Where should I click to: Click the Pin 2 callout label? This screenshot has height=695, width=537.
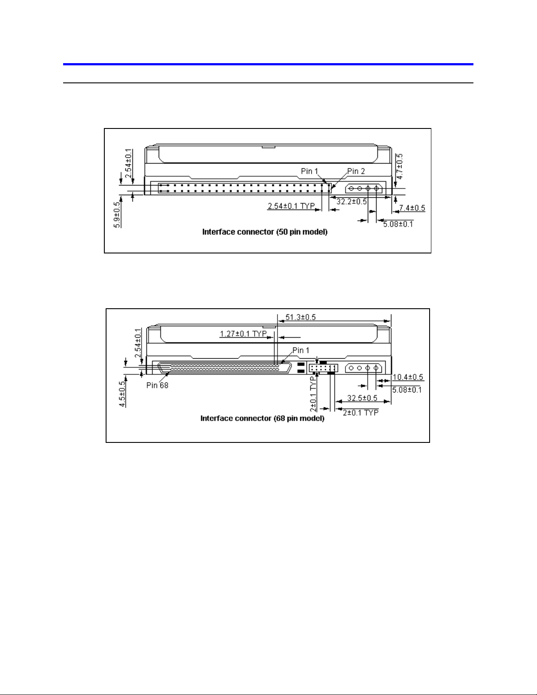click(x=356, y=171)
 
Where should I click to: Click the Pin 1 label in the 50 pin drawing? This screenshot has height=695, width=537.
click(x=309, y=171)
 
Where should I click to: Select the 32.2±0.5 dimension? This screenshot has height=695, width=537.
click(x=352, y=202)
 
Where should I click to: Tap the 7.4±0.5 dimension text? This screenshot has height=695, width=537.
click(x=412, y=208)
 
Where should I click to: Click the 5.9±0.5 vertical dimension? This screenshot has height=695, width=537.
click(x=117, y=215)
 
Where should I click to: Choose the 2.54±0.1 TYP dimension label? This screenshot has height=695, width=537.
click(x=291, y=206)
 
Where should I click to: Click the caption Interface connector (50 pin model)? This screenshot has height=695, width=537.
click(x=265, y=232)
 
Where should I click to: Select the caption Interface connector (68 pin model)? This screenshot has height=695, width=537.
click(x=263, y=418)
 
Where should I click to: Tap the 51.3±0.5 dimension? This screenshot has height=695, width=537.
click(x=300, y=317)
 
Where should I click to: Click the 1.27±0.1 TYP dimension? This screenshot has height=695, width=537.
click(x=243, y=335)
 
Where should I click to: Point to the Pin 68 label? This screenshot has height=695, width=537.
click(x=157, y=385)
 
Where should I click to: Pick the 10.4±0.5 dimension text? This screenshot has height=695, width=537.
click(x=408, y=377)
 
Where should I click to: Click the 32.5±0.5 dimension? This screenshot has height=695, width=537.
click(x=362, y=399)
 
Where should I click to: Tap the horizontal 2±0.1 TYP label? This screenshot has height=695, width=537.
click(x=360, y=413)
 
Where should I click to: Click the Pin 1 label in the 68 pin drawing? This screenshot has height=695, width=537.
click(x=301, y=351)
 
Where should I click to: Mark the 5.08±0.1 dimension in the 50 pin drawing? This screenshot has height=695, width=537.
click(x=398, y=225)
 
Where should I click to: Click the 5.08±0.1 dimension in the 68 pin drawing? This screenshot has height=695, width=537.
click(x=406, y=389)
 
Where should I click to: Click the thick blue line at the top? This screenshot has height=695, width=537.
click(x=268, y=64)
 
